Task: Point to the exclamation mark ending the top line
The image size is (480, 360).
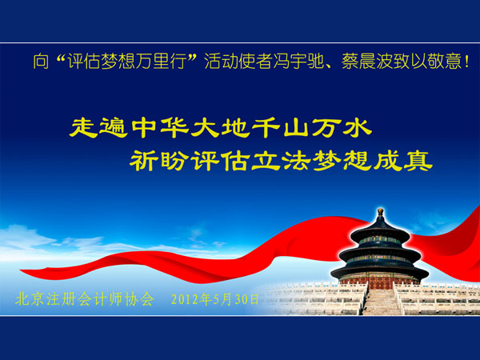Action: (466, 62)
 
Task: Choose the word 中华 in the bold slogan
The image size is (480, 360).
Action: (161, 128)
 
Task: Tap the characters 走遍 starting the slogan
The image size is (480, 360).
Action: (98, 128)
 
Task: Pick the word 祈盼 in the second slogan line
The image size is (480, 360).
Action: (158, 161)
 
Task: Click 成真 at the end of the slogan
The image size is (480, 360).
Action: (403, 161)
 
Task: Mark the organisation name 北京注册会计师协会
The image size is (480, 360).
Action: (85, 298)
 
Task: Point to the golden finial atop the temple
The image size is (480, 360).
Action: (380, 212)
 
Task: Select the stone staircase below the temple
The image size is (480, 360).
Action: (381, 302)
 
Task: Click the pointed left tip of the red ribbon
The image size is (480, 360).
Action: (21, 270)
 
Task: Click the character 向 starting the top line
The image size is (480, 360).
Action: (41, 62)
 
